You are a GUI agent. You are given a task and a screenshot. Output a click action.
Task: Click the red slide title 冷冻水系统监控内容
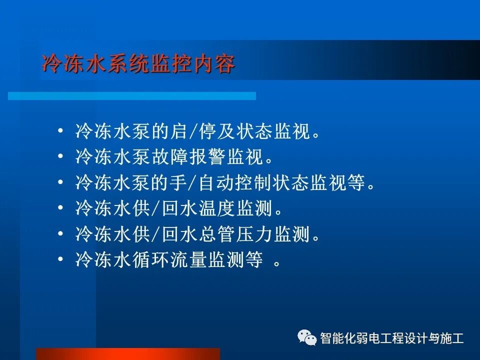click(x=138, y=64)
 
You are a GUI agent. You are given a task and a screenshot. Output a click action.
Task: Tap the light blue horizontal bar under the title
click(x=132, y=95)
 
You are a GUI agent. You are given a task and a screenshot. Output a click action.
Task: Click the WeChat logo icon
click(x=307, y=337)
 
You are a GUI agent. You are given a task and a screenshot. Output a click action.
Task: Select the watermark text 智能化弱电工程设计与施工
click(x=392, y=338)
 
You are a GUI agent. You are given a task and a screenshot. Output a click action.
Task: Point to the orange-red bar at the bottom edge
click(x=128, y=354)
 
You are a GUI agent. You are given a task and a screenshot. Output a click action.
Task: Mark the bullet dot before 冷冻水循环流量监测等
click(x=60, y=259)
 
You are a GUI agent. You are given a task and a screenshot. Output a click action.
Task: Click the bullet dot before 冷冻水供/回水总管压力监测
click(x=60, y=233)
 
